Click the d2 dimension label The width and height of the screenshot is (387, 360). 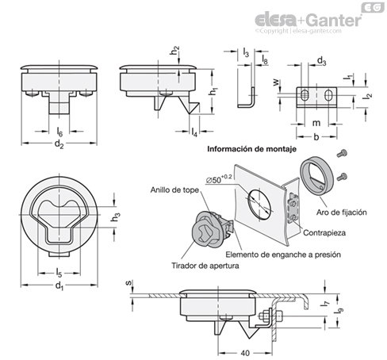click(59, 144)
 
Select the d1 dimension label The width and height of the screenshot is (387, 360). click(59, 286)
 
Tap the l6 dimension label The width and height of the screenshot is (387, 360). click(59, 132)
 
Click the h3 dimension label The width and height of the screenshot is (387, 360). click(116, 216)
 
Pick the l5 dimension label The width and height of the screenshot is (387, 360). click(59, 273)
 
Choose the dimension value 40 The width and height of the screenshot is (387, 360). click(245, 353)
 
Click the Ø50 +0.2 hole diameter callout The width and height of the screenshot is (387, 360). click(219, 178)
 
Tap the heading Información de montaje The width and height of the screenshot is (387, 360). click(251, 149)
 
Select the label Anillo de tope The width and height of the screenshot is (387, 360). click(174, 190)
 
